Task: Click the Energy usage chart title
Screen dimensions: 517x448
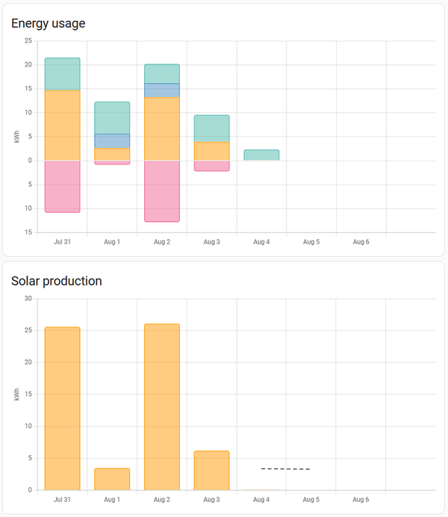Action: (49, 23)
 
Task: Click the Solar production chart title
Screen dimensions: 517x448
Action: (57, 281)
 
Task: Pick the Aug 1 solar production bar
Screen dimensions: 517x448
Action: (112, 479)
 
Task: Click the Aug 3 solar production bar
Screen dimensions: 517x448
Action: (211, 471)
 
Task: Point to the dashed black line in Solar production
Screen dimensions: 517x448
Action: (285, 469)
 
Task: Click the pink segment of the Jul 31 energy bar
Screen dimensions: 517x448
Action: (62, 186)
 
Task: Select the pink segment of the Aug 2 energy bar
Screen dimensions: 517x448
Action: (162, 191)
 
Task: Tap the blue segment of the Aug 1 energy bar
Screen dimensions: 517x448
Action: (112, 140)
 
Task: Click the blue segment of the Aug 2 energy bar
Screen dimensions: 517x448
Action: (162, 90)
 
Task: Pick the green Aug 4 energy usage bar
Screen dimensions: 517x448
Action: (261, 155)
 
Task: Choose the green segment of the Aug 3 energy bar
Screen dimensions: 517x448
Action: (211, 129)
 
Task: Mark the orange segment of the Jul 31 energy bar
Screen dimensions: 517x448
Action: (62, 125)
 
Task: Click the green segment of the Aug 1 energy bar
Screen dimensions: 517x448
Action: (112, 117)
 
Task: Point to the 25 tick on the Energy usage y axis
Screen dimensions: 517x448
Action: (28, 40)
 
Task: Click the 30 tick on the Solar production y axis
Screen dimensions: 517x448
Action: (28, 299)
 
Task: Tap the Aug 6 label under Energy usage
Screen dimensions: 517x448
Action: (361, 242)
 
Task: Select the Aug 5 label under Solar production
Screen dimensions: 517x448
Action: (311, 500)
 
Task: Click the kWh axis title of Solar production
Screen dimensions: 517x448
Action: (16, 394)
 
